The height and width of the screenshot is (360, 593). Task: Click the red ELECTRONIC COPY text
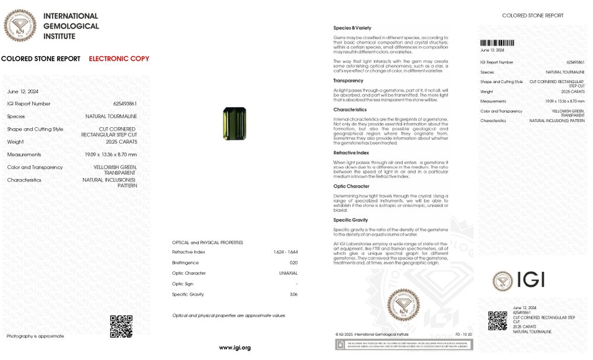click(x=119, y=58)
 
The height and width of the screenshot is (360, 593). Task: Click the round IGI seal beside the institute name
click(x=20, y=26)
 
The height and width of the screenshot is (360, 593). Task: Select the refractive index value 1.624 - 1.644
click(x=285, y=252)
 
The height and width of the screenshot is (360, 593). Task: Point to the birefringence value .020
click(x=293, y=263)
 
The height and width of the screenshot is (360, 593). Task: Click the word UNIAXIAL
click(x=288, y=273)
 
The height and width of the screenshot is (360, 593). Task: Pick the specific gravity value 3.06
click(x=294, y=294)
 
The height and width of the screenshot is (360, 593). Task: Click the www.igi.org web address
click(x=235, y=348)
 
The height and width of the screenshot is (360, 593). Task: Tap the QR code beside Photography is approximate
click(x=121, y=326)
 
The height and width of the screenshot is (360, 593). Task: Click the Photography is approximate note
click(x=35, y=336)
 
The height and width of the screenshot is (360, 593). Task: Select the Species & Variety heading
click(x=352, y=28)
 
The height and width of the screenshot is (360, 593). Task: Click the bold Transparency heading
click(x=348, y=81)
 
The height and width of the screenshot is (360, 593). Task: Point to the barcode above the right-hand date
click(x=496, y=43)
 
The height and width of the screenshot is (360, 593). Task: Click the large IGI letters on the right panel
click(x=530, y=280)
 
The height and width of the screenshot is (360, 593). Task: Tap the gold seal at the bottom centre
click(x=403, y=305)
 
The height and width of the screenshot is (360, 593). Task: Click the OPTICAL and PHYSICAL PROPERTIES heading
click(x=207, y=242)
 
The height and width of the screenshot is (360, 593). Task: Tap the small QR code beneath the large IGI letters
click(x=497, y=320)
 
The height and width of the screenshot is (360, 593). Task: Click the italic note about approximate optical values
click(x=228, y=315)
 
